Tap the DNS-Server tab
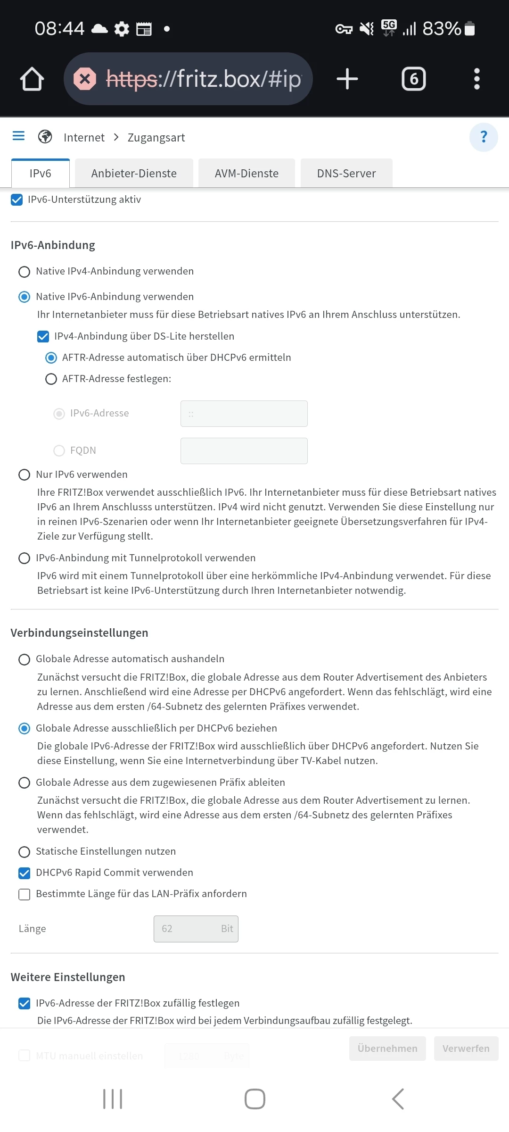(346, 174)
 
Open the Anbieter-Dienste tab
(134, 174)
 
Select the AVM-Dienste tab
(246, 174)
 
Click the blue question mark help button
(484, 137)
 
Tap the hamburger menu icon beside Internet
(18, 136)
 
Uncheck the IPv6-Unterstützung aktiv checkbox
(17, 200)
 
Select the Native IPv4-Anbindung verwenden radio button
(24, 272)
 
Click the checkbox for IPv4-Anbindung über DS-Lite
(43, 336)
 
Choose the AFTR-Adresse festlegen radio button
(51, 379)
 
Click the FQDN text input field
(244, 451)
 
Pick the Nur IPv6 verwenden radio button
(24, 474)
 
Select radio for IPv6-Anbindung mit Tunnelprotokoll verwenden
(24, 558)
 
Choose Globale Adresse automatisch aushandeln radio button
(24, 659)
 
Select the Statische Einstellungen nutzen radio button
(24, 852)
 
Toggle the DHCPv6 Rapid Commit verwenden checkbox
(24, 873)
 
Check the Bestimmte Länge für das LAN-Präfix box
(24, 894)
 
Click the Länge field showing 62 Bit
(196, 929)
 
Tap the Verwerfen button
(466, 1049)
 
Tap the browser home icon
(32, 79)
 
